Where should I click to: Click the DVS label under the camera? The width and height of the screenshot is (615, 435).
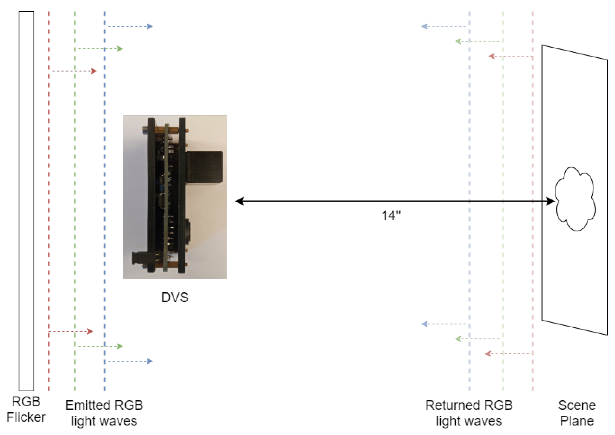[x=175, y=297]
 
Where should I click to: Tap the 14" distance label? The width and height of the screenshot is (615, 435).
[x=391, y=216]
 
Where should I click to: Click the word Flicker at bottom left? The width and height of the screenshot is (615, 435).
[x=26, y=417]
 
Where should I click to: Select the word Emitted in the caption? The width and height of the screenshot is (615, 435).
[x=84, y=405]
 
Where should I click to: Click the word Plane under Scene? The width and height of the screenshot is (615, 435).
[x=577, y=421]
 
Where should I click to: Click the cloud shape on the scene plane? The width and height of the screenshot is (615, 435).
[x=575, y=199]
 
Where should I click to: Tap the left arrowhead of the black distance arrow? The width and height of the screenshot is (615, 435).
[x=239, y=201]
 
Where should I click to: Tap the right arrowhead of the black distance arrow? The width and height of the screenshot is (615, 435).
[x=550, y=201]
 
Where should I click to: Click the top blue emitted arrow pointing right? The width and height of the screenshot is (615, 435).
[x=130, y=26]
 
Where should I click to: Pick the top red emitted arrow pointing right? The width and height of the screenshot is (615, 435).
[x=74, y=71]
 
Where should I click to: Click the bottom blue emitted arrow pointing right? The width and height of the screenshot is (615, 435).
[x=130, y=361]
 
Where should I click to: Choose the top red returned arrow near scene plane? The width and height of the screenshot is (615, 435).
[x=510, y=56]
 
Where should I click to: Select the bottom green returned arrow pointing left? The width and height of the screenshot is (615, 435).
[x=477, y=339]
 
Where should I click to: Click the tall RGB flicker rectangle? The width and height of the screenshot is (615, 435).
[x=26, y=201]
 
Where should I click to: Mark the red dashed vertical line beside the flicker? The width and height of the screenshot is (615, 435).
[x=49, y=201]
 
